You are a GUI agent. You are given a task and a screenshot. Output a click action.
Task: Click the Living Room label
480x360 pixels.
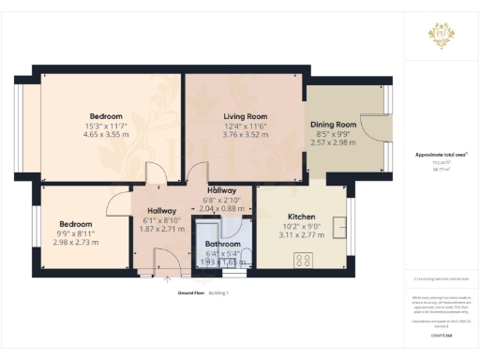(x=245, y=116)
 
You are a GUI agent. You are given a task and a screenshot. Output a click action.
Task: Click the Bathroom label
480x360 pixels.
(x=223, y=244)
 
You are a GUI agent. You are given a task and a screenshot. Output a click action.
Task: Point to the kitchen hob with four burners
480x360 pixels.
(x=305, y=259)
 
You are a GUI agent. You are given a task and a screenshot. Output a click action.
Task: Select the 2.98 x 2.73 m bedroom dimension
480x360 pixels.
(x=76, y=243)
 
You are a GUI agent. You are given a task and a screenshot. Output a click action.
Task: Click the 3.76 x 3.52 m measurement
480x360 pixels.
(x=245, y=135)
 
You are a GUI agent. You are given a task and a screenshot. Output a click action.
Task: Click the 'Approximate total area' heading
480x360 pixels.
(x=441, y=154)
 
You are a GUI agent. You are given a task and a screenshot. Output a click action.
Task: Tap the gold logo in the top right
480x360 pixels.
(x=441, y=36)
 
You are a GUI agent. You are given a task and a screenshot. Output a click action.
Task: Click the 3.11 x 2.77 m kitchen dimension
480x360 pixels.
(x=301, y=233)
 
